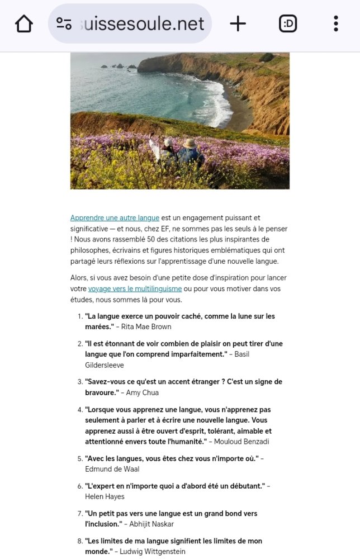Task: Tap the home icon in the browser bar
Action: point(24,23)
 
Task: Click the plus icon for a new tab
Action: point(238,23)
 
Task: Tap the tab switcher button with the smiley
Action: point(288,23)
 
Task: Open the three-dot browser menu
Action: point(335,23)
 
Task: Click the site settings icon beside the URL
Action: point(64,23)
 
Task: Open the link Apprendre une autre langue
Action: point(115,217)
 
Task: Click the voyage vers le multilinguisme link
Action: point(135,288)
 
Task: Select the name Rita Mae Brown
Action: point(146,326)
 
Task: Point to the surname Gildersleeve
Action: point(104,365)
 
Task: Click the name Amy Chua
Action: point(143,392)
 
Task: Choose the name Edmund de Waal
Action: point(112,469)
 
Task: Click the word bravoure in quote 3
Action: point(101,392)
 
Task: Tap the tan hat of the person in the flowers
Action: point(189,143)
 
